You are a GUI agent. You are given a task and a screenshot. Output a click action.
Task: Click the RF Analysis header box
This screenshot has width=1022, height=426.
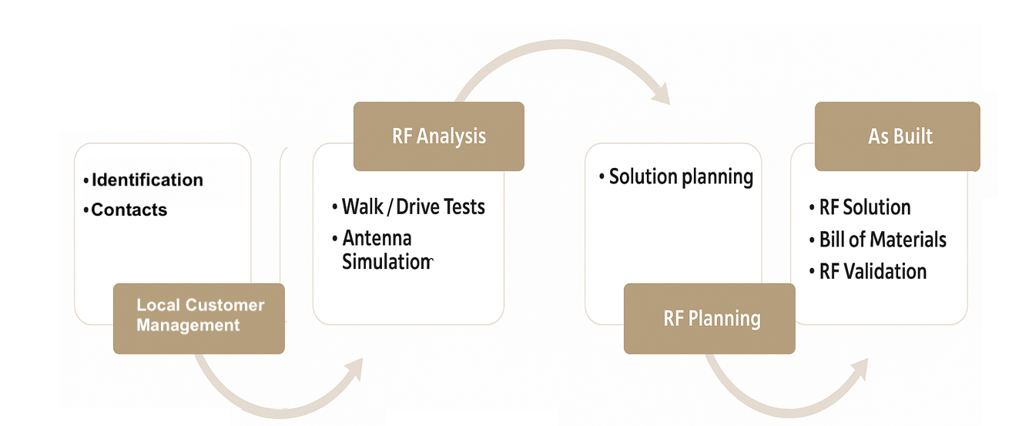point(439,136)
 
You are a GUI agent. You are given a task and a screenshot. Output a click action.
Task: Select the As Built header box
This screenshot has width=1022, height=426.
point(897,136)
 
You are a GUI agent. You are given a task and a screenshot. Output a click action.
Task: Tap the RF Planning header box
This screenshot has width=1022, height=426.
point(709,319)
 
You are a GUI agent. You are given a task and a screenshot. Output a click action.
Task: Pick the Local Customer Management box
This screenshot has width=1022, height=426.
point(199,319)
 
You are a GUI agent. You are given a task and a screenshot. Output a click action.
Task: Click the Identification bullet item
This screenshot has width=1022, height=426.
point(143,180)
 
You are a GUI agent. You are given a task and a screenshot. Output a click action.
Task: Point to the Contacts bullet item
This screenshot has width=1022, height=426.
point(125,210)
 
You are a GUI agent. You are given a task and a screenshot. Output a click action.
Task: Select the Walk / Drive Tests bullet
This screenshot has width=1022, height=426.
point(409,206)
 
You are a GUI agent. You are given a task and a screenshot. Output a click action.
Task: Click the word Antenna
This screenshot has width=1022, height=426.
point(377,238)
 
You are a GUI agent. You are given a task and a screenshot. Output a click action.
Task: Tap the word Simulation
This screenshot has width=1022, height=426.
point(387,262)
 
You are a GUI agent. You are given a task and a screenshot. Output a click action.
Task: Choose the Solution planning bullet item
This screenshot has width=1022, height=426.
point(676,177)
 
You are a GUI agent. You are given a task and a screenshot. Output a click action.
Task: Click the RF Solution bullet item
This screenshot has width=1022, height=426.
point(860,207)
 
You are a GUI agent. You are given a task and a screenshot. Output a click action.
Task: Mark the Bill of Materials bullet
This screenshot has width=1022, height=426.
point(878,240)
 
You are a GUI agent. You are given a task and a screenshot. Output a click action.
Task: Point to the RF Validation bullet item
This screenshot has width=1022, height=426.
point(868,271)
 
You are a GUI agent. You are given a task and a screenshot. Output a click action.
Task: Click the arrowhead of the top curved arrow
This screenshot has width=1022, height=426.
point(662,95)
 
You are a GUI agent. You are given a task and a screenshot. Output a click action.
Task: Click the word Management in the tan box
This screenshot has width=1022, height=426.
point(188,325)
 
